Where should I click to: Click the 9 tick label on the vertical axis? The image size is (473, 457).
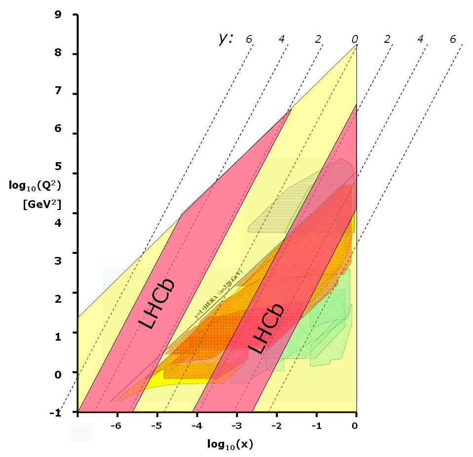click(x=58, y=14)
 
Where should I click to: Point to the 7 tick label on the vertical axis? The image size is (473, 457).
click(x=58, y=94)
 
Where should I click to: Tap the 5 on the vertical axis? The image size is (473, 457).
click(x=58, y=174)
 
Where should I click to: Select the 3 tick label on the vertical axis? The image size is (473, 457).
click(x=58, y=253)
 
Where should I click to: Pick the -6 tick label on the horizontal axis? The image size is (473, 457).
click(x=116, y=425)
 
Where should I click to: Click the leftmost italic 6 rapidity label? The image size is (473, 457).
click(x=248, y=38)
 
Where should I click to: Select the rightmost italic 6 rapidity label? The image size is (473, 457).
click(x=453, y=38)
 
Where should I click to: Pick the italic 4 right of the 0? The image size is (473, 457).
click(x=421, y=38)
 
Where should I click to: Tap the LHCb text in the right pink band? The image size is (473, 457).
click(x=266, y=328)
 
